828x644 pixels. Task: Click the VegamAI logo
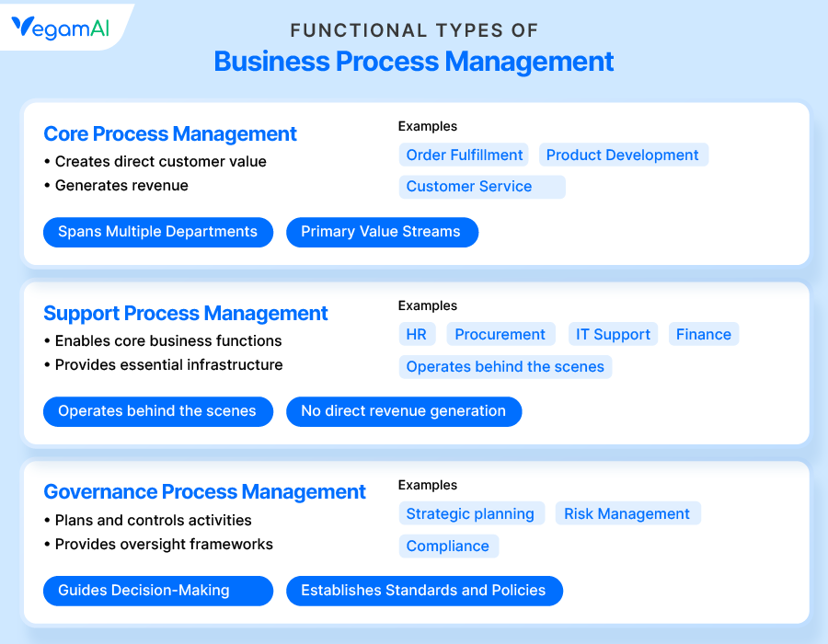(60, 28)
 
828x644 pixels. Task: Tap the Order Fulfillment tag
(464, 155)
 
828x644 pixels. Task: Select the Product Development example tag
(624, 155)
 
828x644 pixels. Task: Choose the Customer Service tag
(482, 187)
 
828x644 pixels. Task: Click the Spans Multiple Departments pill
(158, 232)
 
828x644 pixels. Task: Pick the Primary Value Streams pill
(383, 232)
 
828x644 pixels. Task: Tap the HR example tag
(417, 334)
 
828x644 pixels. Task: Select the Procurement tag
(500, 334)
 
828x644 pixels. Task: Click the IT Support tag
(613, 334)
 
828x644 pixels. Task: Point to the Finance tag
(704, 334)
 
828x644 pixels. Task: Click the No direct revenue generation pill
(404, 412)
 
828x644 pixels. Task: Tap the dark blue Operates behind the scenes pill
(158, 412)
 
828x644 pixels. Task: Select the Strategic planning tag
(472, 513)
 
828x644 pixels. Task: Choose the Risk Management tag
(627, 513)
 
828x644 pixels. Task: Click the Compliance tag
(449, 546)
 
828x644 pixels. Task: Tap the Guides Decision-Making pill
(158, 591)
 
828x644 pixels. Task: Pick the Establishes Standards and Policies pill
(424, 591)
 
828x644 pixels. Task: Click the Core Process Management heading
(170, 134)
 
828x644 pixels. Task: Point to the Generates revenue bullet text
(121, 185)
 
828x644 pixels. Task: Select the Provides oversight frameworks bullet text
(164, 545)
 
